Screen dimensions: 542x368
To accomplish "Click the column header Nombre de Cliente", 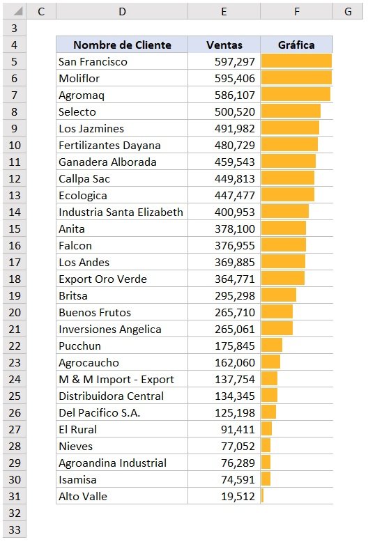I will click(x=122, y=45).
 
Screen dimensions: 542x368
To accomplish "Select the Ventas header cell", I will click(x=224, y=45).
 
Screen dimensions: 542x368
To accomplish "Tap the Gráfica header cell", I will click(x=296, y=45).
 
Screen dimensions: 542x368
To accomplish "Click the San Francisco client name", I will click(x=93, y=61).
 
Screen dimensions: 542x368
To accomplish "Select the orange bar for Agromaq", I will click(x=296, y=95).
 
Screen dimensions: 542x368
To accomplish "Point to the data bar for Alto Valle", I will click(x=263, y=496).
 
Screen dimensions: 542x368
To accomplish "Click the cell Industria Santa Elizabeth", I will click(x=121, y=212).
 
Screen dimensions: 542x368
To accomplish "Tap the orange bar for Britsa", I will click(x=279, y=295).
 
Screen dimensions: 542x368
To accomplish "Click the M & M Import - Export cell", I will click(x=116, y=379).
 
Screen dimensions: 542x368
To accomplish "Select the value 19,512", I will click(x=240, y=496).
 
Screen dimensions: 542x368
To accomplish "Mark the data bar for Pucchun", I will click(x=272, y=346).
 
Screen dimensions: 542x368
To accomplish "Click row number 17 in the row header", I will click(x=15, y=262).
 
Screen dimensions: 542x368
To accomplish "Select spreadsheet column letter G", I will click(x=347, y=11).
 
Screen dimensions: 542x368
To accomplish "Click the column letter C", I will click(x=42, y=11).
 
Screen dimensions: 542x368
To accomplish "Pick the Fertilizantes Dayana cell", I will click(x=109, y=145).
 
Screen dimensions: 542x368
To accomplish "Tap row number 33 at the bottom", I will click(x=15, y=529).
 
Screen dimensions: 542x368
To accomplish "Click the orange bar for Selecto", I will click(x=291, y=111).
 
